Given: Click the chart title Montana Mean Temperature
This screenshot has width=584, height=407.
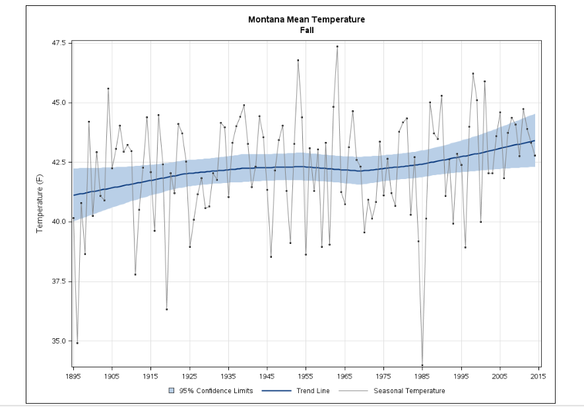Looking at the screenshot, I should (306, 19).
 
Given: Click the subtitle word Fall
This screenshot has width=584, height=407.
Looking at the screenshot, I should (306, 30).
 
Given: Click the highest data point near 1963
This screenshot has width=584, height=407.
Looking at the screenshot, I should (337, 46).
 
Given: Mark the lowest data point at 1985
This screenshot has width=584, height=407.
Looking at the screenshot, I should (422, 365).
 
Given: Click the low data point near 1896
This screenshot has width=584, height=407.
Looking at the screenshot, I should (77, 343).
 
